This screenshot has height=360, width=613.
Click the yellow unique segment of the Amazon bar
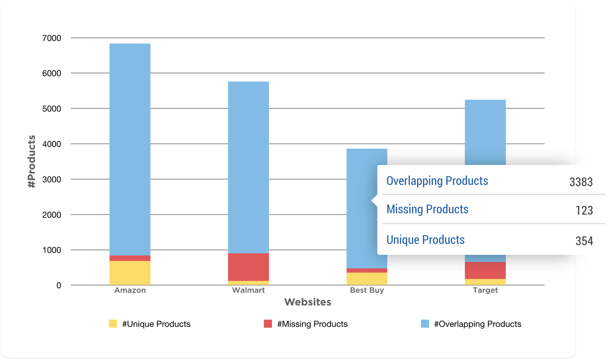130,273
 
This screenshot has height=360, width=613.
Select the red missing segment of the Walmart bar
248,267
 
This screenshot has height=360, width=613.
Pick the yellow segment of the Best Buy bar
367,278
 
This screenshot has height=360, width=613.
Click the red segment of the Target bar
485,270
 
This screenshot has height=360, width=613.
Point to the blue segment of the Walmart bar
248,167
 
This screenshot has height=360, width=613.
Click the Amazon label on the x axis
130,290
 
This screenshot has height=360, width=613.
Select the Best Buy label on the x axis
367,290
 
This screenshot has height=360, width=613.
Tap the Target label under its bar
485,290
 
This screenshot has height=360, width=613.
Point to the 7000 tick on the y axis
52,38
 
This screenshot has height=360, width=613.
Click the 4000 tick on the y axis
52,144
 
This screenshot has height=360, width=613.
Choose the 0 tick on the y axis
59,285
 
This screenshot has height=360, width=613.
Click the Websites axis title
308,302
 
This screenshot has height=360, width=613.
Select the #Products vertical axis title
31,162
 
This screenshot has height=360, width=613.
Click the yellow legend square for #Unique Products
113,324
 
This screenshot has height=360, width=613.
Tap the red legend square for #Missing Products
268,324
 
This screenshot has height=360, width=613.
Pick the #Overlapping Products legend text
477,324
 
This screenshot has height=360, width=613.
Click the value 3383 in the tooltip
581,182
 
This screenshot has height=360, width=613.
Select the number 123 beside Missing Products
584,210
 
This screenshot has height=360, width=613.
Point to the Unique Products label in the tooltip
425,240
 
